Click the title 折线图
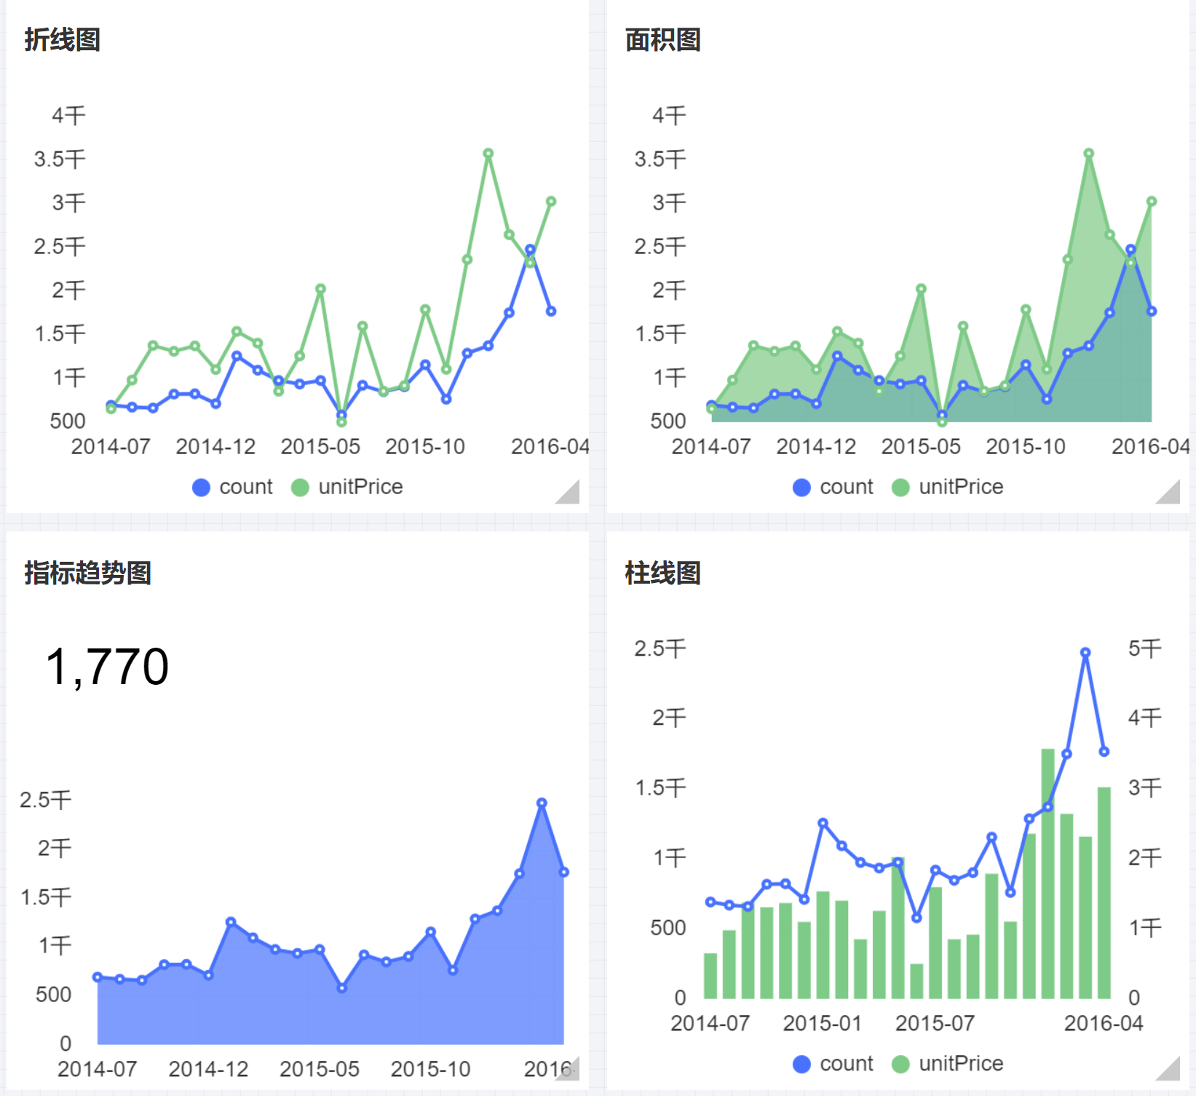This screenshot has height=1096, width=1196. [62, 40]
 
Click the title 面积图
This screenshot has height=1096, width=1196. [662, 40]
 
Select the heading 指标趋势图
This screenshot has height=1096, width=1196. [87, 573]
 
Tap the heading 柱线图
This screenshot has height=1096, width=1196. [662, 573]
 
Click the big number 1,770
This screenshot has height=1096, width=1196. [107, 667]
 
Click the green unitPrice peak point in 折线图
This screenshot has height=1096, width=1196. [488, 154]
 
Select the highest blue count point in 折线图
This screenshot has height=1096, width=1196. [530, 250]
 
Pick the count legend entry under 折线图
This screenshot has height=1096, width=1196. [232, 487]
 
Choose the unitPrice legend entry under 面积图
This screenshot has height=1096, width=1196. [947, 487]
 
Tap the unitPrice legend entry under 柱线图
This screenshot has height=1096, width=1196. [947, 1064]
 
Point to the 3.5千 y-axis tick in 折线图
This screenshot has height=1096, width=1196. [60, 159]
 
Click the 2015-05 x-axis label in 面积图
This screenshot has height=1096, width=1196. [921, 446]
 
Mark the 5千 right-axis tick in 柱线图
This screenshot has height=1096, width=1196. [1144, 648]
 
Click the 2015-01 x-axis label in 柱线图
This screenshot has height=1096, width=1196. [822, 1023]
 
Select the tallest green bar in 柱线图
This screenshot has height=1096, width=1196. [1048, 873]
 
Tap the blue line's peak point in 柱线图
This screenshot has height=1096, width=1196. [1085, 653]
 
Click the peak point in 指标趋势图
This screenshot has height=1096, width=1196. [542, 803]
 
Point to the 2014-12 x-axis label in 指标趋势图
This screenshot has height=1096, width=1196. [208, 1069]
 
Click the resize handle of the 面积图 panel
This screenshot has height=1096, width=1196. [1169, 493]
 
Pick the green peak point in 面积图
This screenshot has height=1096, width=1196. [1089, 154]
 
